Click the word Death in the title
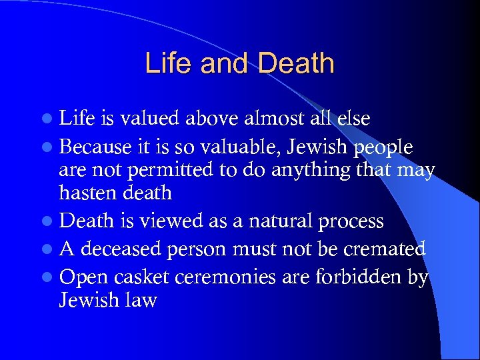[296, 63]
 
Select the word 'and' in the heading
[221, 63]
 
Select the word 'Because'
[93, 146]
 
